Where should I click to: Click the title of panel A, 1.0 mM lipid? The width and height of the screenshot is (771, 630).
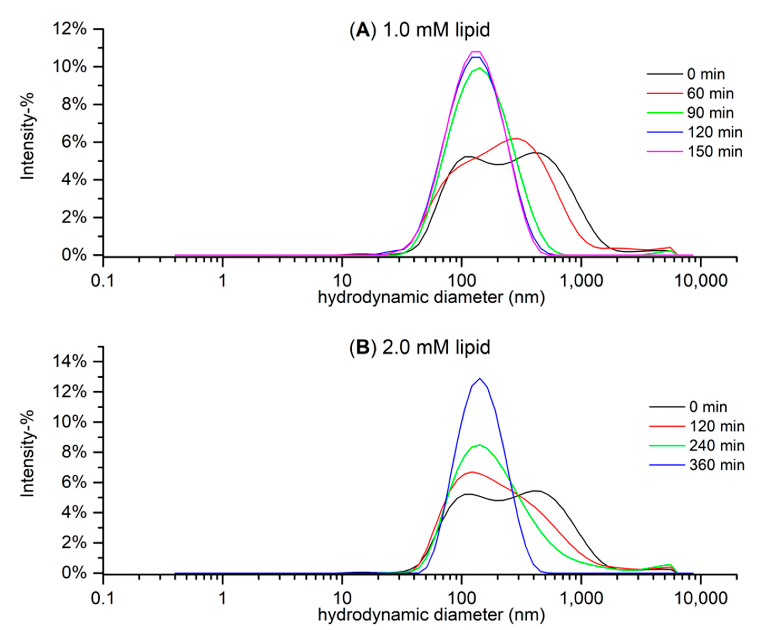(419, 30)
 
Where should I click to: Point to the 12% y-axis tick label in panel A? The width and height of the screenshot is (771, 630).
(69, 29)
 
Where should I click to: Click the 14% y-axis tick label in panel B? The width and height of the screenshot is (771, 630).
(69, 362)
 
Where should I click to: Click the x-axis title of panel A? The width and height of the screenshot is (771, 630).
(431, 298)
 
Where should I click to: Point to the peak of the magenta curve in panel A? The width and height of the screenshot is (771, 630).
(476, 52)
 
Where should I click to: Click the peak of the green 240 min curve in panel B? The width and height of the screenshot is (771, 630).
(480, 445)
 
